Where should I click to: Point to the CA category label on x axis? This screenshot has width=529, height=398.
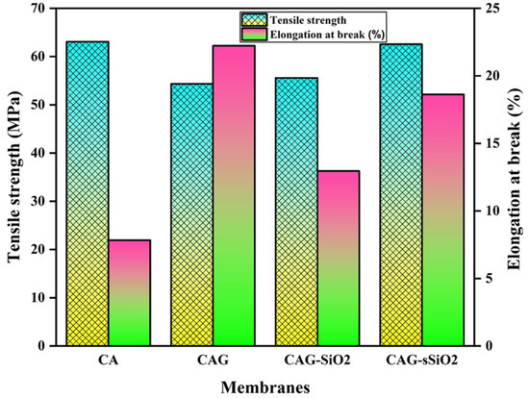(x=108, y=360)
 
